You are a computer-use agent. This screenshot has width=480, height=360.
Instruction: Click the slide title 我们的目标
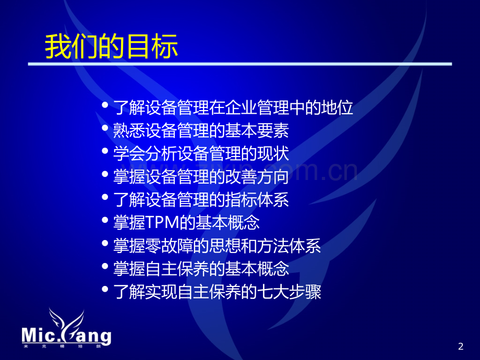112,46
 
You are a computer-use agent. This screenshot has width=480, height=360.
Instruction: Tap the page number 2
460,346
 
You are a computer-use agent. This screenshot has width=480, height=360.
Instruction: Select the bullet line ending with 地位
233,107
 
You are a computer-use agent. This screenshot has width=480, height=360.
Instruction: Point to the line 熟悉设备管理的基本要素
201,130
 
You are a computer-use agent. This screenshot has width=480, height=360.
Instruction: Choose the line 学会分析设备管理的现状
201,154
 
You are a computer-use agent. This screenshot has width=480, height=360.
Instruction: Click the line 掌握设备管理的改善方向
201,177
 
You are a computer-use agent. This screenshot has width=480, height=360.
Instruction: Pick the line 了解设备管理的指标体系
201,200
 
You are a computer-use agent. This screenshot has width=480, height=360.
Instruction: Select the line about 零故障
217,246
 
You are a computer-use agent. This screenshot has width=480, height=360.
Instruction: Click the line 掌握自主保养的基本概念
201,269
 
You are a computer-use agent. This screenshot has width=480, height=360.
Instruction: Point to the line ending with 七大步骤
217,292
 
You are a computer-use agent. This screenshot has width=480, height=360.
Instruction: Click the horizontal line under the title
240,64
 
